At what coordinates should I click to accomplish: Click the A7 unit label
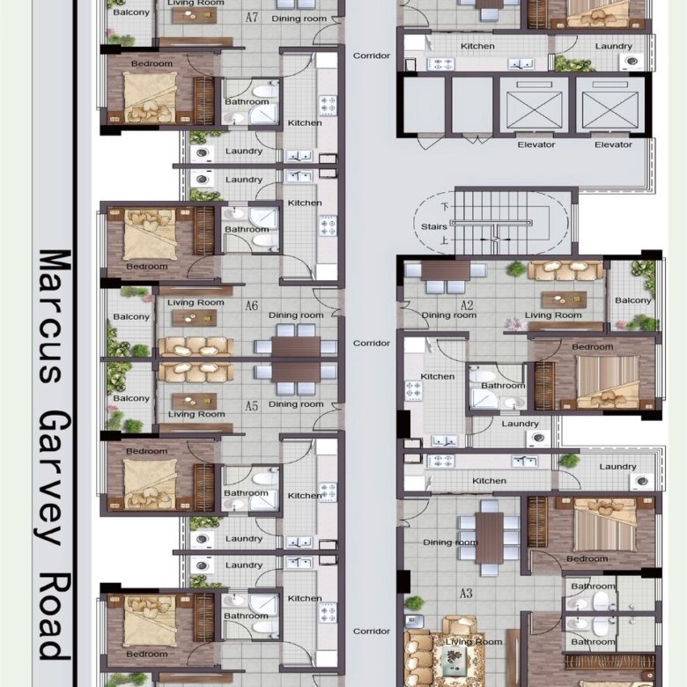tap(252, 18)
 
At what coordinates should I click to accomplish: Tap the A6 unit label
tap(252, 306)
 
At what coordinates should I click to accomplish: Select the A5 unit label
tap(252, 406)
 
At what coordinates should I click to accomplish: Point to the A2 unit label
tap(467, 306)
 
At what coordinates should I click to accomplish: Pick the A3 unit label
tap(466, 594)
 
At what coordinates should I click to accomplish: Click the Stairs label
tap(433, 226)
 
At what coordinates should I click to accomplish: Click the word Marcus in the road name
tap(55, 315)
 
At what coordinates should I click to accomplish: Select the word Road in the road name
tap(55, 616)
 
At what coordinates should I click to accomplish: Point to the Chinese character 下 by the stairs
tap(445, 207)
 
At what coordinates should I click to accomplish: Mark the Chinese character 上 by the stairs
tap(444, 240)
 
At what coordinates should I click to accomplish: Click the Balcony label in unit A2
tap(632, 300)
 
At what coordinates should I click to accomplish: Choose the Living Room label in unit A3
tap(474, 642)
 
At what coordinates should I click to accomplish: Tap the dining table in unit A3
tap(490, 537)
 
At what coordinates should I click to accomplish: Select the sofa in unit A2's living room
tap(565, 270)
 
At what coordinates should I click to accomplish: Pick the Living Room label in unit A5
tap(196, 414)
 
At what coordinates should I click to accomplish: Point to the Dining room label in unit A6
tap(296, 315)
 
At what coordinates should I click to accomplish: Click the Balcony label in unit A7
tap(131, 12)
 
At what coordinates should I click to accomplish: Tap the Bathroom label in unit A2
tap(503, 386)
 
